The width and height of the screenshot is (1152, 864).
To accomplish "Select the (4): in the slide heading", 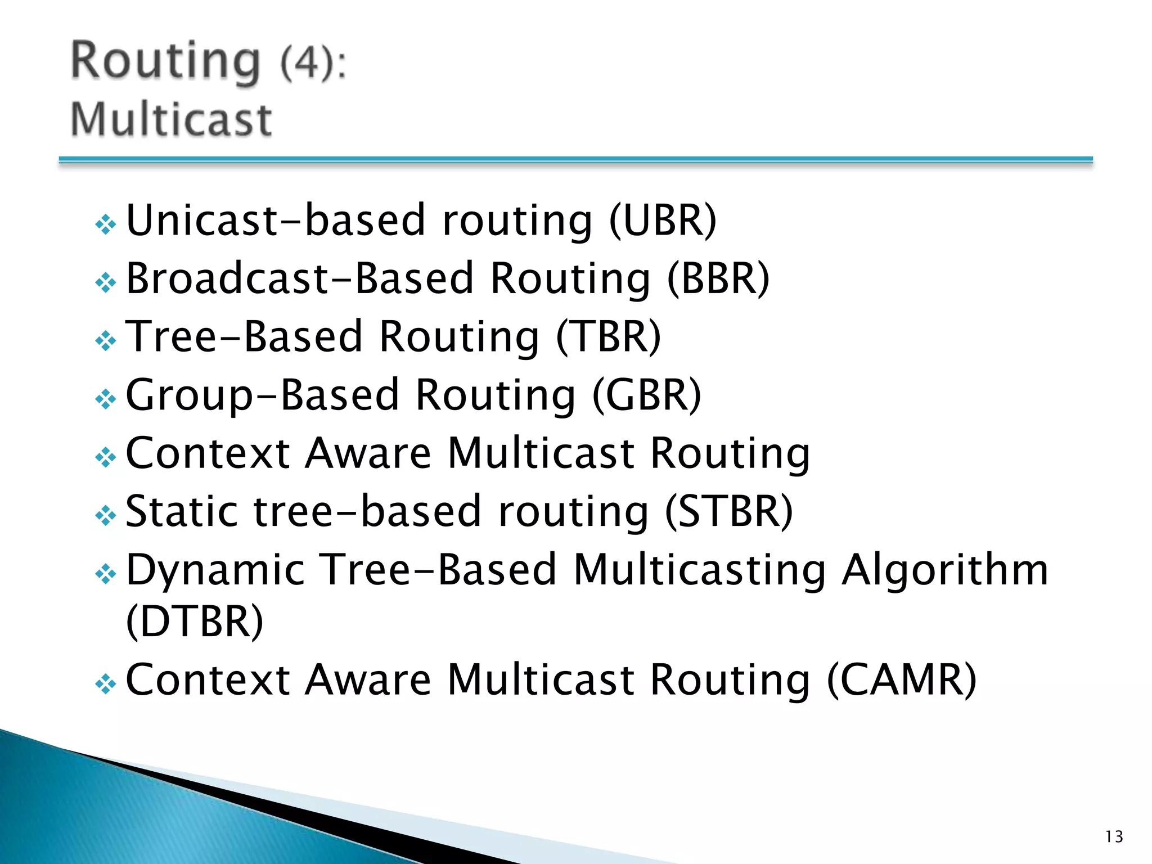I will (313, 63).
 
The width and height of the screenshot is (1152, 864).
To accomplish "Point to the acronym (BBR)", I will (718, 278).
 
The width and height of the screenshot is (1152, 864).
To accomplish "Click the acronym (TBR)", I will (608, 337).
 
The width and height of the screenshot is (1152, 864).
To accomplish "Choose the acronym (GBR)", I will (646, 395).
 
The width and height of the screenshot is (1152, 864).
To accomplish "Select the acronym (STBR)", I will (728, 512).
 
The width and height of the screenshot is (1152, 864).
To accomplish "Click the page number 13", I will (1114, 836).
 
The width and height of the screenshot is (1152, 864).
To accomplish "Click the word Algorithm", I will (945, 570).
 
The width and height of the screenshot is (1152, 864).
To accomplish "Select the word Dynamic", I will (215, 570).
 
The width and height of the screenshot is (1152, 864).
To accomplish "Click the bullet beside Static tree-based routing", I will (106, 515).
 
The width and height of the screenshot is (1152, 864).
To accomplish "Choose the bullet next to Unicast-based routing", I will (106, 225).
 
